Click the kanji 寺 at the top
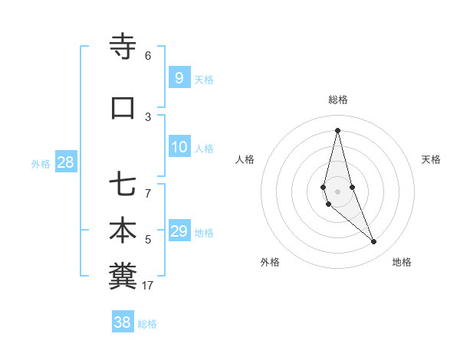point(123,47)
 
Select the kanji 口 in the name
point(123,108)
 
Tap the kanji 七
point(123,185)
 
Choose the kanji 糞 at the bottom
point(123,277)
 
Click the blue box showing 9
point(179,77)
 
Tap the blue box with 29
point(179,231)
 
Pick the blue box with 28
point(65,162)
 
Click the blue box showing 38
point(123,322)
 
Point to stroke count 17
point(148,286)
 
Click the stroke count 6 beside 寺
point(148,56)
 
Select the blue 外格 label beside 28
point(41,163)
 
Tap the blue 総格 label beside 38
point(147,324)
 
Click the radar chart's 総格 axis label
point(338,100)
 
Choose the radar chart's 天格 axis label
point(431,159)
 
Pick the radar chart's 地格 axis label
point(402,262)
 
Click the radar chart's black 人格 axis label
point(245,159)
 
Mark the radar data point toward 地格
point(374,242)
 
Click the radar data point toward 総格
point(337,130)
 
